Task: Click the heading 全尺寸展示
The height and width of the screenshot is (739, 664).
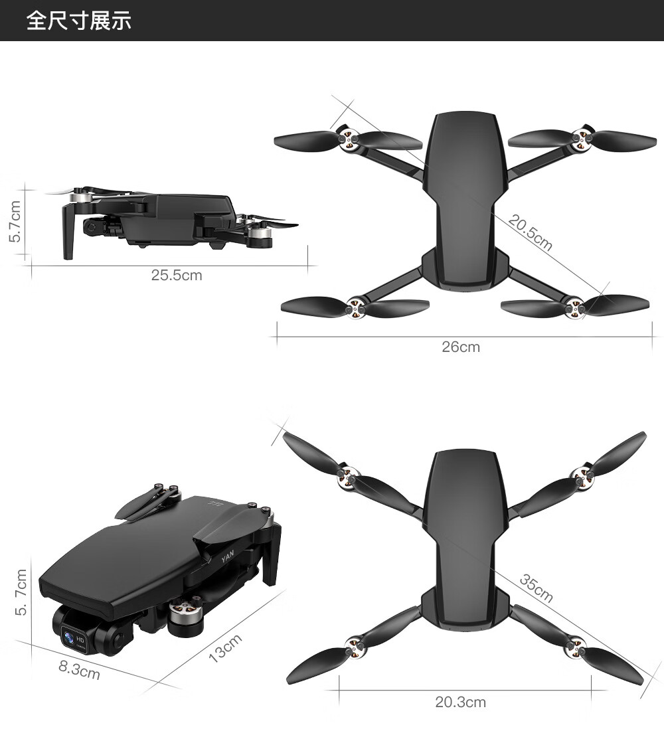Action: pyautogui.click(x=79, y=21)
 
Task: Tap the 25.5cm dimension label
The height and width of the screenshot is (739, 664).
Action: pyautogui.click(x=177, y=276)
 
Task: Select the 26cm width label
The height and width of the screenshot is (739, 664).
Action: pyautogui.click(x=461, y=347)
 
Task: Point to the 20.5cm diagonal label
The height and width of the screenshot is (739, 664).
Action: pyautogui.click(x=530, y=232)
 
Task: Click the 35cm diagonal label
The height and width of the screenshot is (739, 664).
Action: pyautogui.click(x=537, y=588)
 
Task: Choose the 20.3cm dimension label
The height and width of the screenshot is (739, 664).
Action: pyautogui.click(x=460, y=702)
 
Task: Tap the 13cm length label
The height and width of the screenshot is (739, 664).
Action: pyautogui.click(x=225, y=649)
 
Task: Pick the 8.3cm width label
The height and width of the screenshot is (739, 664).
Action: pyautogui.click(x=79, y=670)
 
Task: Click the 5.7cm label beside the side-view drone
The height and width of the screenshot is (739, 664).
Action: pyautogui.click(x=15, y=222)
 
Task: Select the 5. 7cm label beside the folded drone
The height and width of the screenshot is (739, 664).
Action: pyautogui.click(x=21, y=592)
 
